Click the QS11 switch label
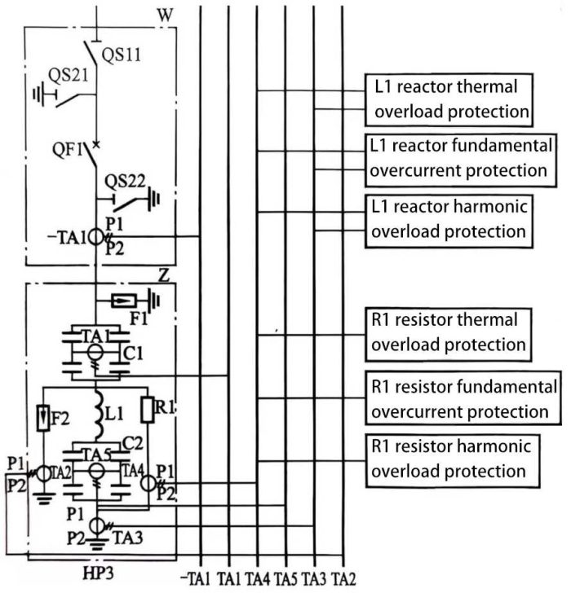124,55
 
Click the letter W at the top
166,14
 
